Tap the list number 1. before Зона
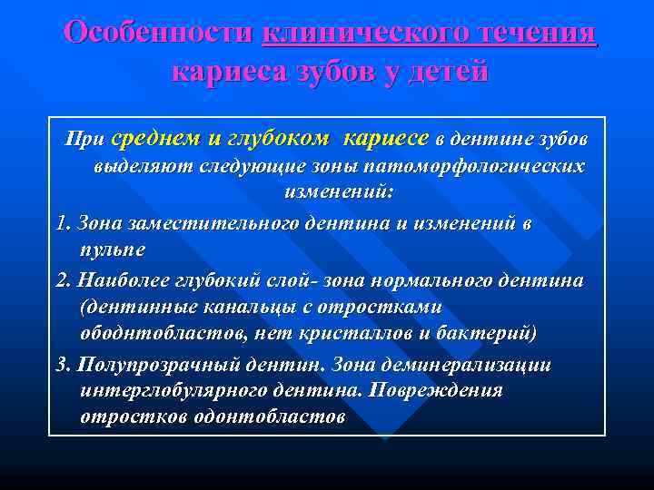64,223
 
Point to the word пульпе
113,249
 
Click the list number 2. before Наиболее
64,280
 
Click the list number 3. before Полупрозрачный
64,365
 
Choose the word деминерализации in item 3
486,365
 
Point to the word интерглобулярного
174,390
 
